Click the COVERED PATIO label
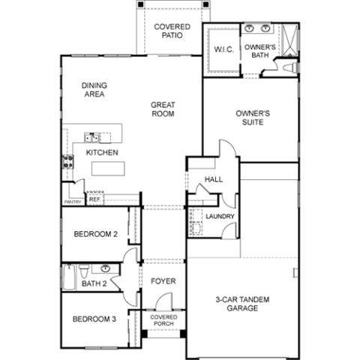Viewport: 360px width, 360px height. coord(172,31)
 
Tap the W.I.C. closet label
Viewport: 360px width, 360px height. coord(224,50)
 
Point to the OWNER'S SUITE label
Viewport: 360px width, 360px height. coord(253,118)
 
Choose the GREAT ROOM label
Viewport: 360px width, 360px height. coord(162,109)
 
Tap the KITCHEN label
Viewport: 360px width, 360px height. coord(103,152)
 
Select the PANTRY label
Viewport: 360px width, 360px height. coord(73,201)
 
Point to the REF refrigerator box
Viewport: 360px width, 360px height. coord(94,200)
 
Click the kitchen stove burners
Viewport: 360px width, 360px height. coord(67,161)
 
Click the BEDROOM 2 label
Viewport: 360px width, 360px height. coord(95,234)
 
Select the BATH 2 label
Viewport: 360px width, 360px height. coord(93,283)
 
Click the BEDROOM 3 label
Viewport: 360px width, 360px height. coord(94,319)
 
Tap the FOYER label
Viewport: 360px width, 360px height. coord(163,281)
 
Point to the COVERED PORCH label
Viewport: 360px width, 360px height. coord(163,320)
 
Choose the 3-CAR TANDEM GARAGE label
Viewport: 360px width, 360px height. coord(242,304)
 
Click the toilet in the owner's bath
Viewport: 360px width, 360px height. coord(288,67)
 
